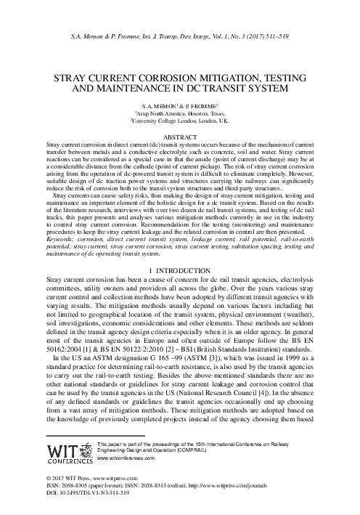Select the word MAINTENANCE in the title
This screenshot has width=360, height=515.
[118, 88]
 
